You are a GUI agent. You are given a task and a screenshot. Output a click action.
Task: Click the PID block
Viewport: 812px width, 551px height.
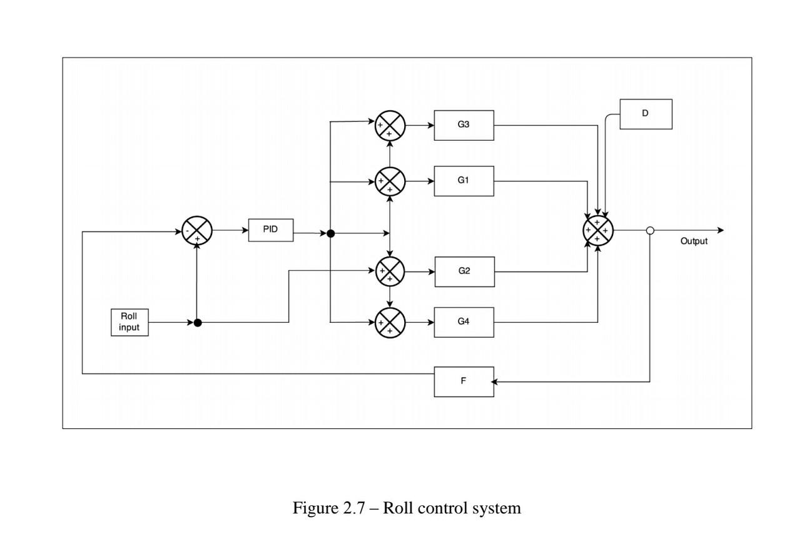point(271,230)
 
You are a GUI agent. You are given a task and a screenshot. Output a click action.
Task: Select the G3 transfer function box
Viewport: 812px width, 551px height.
point(464,125)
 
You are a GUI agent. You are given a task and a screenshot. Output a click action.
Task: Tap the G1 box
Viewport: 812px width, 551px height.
point(464,181)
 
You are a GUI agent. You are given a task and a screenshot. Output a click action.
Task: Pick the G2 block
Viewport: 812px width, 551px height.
point(464,271)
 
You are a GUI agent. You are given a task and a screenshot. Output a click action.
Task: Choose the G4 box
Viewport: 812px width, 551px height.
point(464,322)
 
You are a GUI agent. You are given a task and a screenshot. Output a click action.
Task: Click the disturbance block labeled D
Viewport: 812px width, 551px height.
point(646,114)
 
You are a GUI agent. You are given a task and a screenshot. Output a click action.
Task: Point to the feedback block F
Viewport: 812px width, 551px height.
point(464,382)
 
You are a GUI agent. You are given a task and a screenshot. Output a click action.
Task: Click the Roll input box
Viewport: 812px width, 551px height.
point(129,322)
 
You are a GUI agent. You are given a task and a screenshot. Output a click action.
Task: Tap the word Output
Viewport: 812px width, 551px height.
point(694,241)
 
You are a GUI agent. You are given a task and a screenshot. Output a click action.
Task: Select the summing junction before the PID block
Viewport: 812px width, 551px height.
point(197,231)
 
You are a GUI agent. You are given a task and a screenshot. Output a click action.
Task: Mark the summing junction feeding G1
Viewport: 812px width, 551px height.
point(390,181)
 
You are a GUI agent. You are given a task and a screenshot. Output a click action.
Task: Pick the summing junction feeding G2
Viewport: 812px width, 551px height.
point(390,271)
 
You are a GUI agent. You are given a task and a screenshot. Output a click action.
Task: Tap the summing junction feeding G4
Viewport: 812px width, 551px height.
point(390,323)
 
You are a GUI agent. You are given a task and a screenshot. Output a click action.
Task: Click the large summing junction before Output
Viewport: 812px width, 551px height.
point(597,230)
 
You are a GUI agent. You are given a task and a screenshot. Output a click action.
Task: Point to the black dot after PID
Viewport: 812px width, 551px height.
point(331,234)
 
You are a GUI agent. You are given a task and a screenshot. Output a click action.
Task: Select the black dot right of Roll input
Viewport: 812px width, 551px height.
point(198,323)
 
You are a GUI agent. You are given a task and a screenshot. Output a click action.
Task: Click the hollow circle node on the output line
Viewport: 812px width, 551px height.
point(650,230)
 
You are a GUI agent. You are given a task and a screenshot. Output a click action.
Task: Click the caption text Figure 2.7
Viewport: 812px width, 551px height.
point(407,508)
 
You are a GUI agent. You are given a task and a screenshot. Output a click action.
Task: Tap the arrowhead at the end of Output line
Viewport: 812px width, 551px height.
point(720,230)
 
